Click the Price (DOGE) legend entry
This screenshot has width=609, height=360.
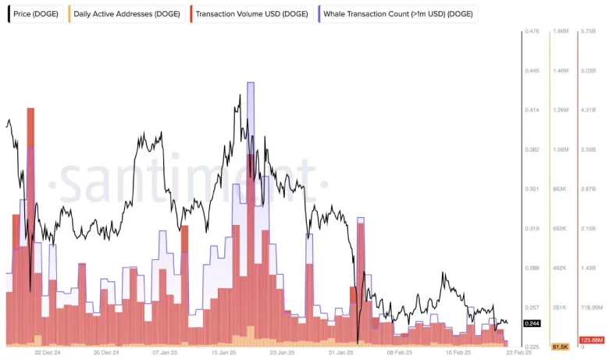tap(36, 14)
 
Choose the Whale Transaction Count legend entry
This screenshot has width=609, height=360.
tap(398, 14)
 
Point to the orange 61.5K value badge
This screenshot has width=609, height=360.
tap(560, 346)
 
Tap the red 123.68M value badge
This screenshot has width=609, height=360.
tap(591, 340)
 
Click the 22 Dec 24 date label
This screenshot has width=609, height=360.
tap(48, 352)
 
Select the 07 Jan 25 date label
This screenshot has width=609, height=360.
tap(167, 352)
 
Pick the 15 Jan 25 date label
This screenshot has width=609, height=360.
tap(224, 352)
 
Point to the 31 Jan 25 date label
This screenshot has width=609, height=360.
tap(341, 352)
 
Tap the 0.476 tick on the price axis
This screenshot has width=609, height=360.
tap(533, 31)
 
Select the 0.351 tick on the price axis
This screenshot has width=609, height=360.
tap(533, 189)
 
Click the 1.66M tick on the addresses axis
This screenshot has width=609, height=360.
tap(560, 31)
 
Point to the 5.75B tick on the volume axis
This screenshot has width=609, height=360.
tap(589, 31)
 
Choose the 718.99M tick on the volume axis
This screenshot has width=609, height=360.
tap(592, 308)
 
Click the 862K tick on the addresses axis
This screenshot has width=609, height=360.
tap(560, 189)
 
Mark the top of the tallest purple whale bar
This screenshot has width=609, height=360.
tap(251, 83)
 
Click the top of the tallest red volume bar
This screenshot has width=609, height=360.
tap(30, 109)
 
